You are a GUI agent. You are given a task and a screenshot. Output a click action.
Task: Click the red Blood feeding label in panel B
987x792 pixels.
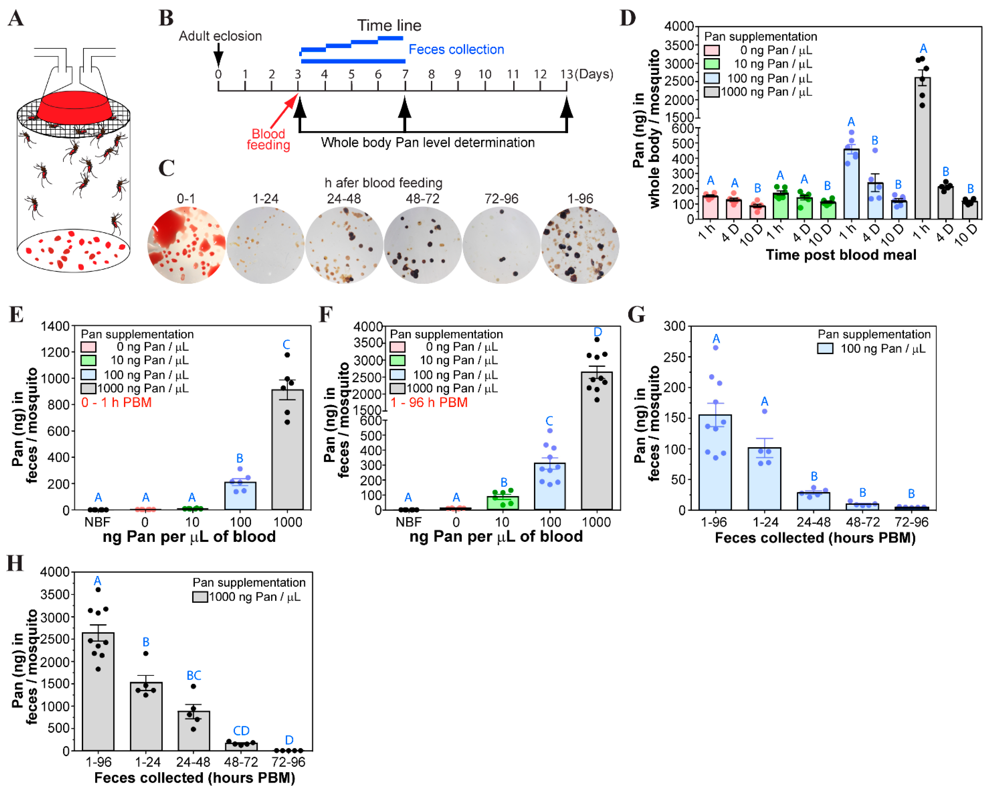click(268, 139)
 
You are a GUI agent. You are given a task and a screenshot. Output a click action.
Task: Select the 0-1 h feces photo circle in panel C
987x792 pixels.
click(186, 245)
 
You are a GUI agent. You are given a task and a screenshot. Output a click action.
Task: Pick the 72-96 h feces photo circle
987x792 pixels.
click(501, 245)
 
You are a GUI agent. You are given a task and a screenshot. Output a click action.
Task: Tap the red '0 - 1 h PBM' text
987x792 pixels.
click(116, 402)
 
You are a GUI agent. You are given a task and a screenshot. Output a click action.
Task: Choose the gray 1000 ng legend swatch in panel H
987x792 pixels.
click(200, 597)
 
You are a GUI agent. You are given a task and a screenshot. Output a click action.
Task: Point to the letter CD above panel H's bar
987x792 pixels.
click(241, 731)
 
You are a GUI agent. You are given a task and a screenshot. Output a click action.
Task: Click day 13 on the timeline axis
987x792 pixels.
click(567, 74)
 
